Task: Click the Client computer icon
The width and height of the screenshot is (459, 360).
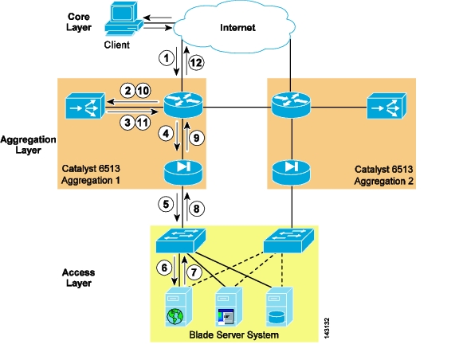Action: (124, 18)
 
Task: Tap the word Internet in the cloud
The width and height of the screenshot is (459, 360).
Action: (237, 28)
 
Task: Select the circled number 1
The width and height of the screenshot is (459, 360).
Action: (167, 57)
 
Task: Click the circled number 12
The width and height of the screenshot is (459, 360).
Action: (196, 63)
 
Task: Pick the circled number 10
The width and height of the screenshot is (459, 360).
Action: (143, 91)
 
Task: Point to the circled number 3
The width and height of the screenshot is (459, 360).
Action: (127, 123)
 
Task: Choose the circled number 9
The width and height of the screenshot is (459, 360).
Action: (196, 138)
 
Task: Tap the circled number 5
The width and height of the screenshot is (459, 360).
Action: (166, 204)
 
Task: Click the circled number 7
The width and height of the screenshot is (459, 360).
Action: (194, 272)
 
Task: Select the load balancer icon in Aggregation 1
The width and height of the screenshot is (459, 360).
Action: (85, 106)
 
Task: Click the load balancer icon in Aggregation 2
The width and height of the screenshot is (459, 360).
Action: (386, 106)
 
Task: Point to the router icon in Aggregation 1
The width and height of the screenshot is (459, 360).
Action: (183, 104)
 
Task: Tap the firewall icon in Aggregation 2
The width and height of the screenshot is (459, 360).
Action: (292, 172)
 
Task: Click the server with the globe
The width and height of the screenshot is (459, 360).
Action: (178, 307)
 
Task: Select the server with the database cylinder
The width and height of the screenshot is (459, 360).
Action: (280, 307)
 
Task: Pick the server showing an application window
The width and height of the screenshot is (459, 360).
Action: (229, 307)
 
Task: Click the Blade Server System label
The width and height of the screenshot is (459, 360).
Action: (234, 335)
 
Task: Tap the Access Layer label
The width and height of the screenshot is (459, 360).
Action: (78, 278)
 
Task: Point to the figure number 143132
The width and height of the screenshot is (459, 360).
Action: (327, 328)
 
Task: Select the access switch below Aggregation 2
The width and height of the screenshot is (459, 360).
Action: (289, 241)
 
